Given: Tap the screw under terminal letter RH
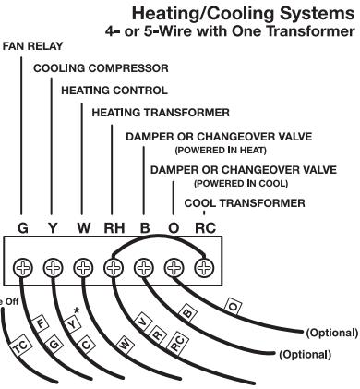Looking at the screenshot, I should click(114, 269).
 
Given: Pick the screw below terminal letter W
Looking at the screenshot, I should click(83, 269).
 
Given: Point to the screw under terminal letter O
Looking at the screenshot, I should click(174, 269).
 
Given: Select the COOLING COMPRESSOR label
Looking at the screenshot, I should click(88, 67).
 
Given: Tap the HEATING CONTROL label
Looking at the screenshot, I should click(114, 91).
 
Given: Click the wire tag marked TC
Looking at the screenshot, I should click(21, 347).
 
